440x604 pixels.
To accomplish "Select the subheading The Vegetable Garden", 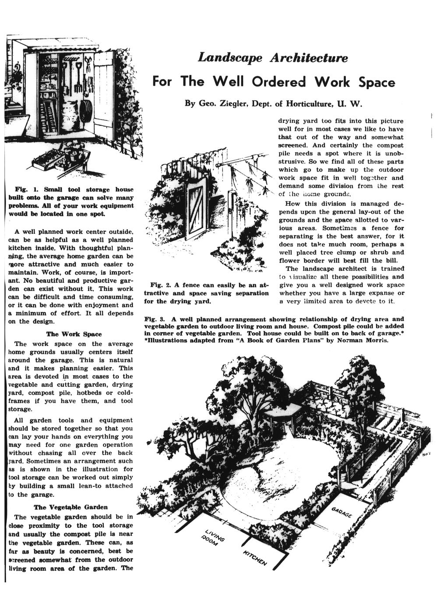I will [70, 507].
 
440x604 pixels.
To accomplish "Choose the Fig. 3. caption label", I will [154, 319].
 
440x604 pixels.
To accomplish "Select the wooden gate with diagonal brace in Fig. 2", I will [198, 210].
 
